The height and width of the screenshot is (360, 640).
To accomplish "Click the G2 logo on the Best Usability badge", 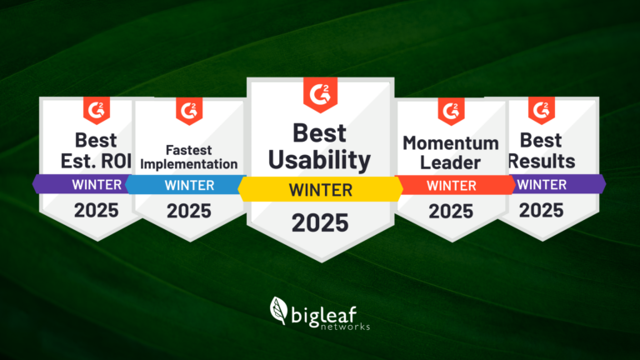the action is pos(320,95).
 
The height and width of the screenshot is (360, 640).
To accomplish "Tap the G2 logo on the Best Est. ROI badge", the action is pos(97,110).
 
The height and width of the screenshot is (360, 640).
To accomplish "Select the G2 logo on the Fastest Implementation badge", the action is pos(189,111).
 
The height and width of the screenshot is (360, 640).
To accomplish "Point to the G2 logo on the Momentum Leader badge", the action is pos(451,111).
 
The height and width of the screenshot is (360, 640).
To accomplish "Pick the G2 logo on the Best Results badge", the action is pos(542,110).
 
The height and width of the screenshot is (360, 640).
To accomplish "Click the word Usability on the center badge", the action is pos(320,160).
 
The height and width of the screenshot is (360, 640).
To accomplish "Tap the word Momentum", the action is pos(451,143).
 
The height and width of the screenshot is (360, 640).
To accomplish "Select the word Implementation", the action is pos(189,164).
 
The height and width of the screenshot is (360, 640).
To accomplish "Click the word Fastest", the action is pos(189,150).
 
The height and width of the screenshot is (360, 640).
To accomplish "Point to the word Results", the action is pos(542,161).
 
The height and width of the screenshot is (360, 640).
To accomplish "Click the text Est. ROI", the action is pos(97,161).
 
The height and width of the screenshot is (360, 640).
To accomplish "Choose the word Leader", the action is pos(450,162).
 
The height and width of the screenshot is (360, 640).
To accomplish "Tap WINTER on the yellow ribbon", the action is pos(321,190).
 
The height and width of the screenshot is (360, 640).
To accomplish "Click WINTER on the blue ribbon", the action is pos(189,185).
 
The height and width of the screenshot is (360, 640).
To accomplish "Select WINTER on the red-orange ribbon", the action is pos(452,186).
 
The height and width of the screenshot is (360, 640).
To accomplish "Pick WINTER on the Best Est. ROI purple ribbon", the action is pos(97,185).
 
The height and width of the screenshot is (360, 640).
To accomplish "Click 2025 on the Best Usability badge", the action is pos(320,222).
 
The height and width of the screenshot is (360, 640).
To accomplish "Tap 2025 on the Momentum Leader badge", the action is pos(451,212).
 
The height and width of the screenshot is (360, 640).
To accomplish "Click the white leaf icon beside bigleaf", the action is pos(279,311).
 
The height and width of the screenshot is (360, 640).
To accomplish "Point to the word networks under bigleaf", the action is pos(345,327).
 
